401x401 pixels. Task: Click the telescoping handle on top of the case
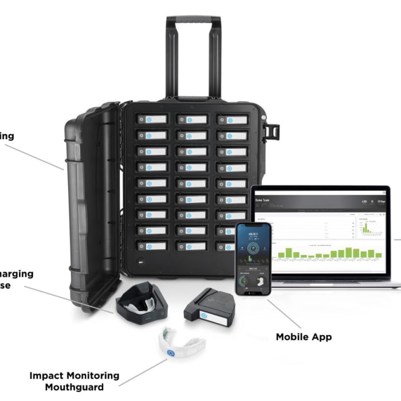pos(193,23)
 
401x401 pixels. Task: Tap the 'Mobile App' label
pos(304,337)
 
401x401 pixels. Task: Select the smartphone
pos(253,258)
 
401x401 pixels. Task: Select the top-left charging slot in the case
pos(151,119)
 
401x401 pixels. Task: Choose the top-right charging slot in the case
pos(232,120)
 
